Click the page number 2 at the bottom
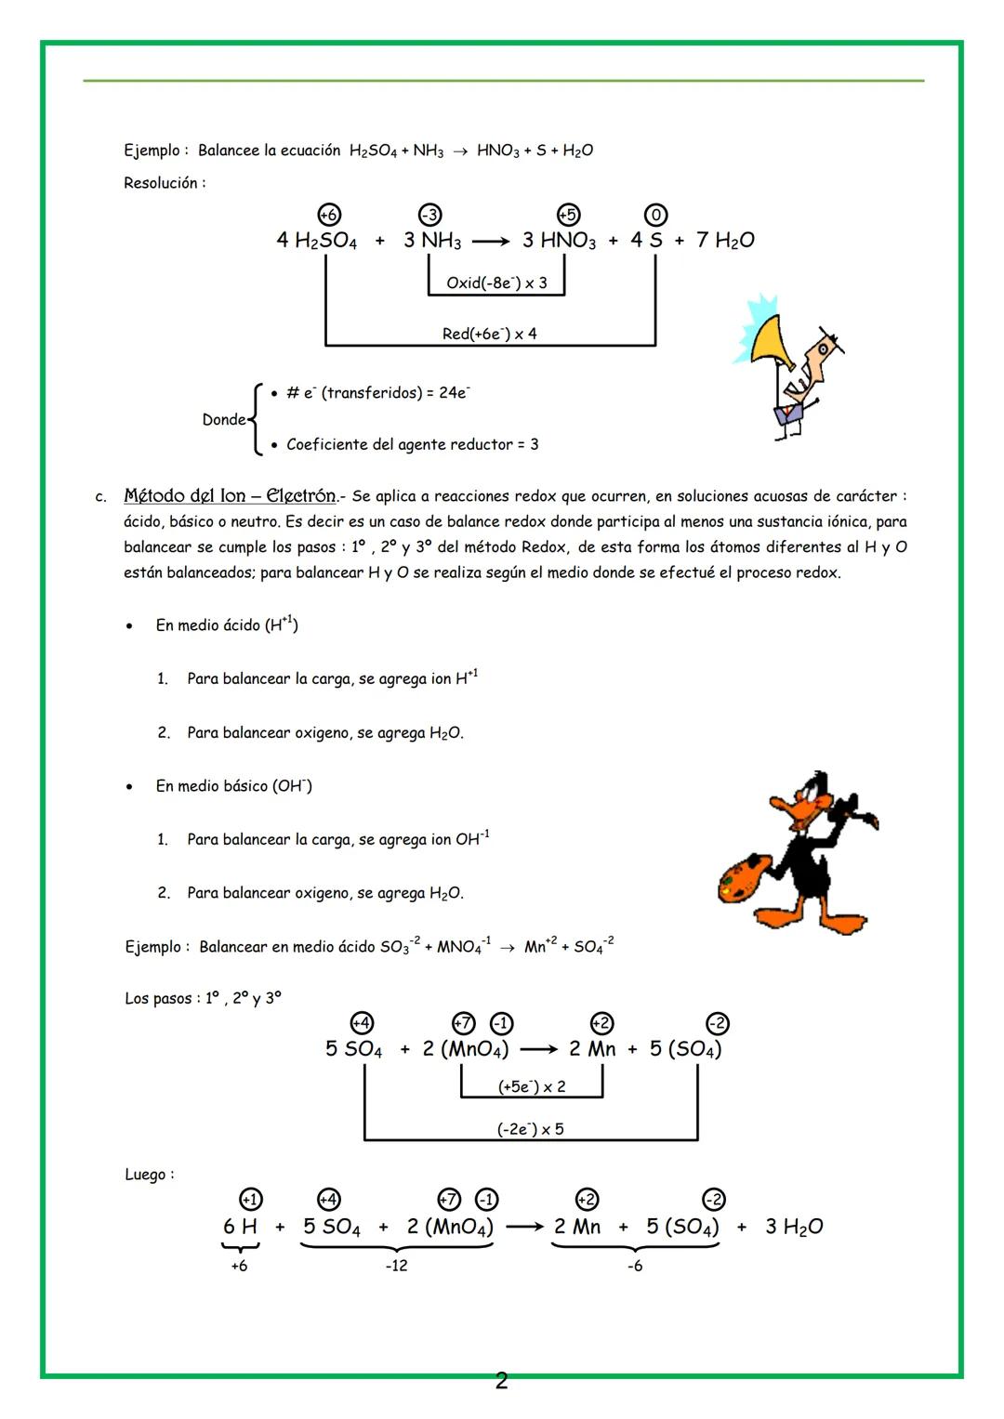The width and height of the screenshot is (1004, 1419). (x=501, y=1381)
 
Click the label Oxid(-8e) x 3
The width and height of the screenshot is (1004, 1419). (x=496, y=282)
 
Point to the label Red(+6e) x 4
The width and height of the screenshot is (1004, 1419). (x=490, y=334)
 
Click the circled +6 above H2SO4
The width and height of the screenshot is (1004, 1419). (x=328, y=215)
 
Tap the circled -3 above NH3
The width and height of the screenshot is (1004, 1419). (x=429, y=215)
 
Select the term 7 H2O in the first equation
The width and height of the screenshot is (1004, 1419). (x=725, y=241)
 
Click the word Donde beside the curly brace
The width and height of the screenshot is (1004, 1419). (x=224, y=420)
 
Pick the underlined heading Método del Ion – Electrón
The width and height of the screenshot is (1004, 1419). (x=230, y=496)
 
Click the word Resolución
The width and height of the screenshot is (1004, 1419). (x=164, y=183)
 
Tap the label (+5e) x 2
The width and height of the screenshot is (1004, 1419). (x=532, y=1086)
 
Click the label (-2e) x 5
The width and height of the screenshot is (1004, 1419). (x=530, y=1129)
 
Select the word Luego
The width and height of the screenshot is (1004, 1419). (x=148, y=1175)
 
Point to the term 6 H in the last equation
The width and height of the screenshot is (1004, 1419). (x=240, y=1227)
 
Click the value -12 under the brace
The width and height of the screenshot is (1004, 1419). (x=396, y=1266)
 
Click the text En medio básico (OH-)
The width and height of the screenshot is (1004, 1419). (x=233, y=786)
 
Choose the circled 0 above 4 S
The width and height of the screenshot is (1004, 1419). (x=655, y=215)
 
